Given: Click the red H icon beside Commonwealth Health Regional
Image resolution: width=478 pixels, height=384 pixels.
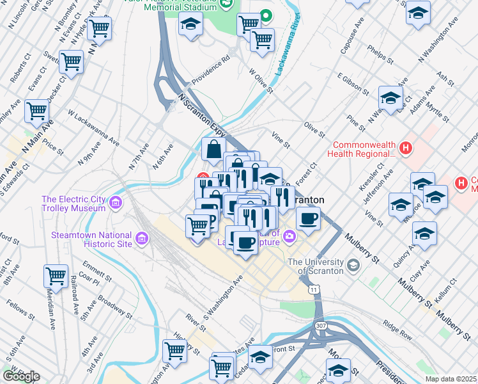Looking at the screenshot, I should (405, 149).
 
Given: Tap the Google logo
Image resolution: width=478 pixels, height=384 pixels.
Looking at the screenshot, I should (21, 376).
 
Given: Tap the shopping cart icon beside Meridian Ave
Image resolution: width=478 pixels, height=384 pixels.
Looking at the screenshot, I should (56, 276).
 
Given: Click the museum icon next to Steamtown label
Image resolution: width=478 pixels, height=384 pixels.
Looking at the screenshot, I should (141, 239).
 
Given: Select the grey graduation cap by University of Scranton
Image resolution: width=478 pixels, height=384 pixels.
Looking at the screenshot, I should (353, 264).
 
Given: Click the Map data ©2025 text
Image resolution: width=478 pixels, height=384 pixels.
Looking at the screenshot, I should (451, 379).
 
